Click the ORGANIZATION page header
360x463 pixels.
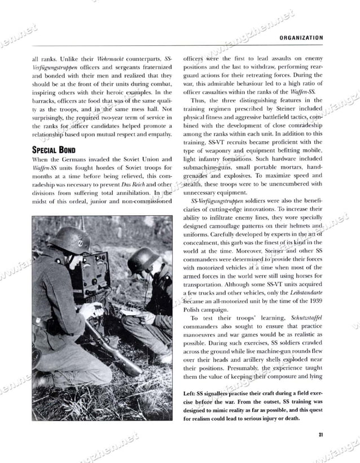pyautogui.click(x=301, y=38)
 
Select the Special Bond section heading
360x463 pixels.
pyautogui.click(x=56, y=150)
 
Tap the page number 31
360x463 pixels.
pyautogui.click(x=320, y=434)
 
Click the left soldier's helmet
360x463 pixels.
pyautogui.click(x=70, y=239)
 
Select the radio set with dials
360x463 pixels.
pyautogui.click(x=90, y=277)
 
